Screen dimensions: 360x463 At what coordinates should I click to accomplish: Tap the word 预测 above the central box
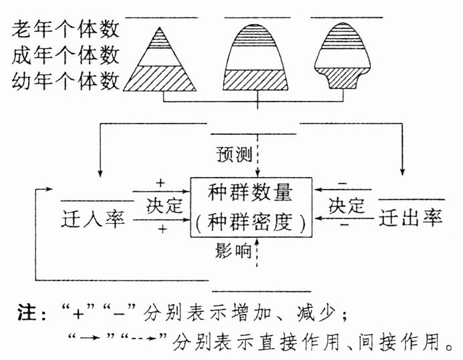[x=233, y=154]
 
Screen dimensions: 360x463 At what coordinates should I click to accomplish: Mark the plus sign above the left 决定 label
[x=160, y=182]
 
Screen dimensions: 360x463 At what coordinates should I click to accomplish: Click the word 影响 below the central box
[x=233, y=250]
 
